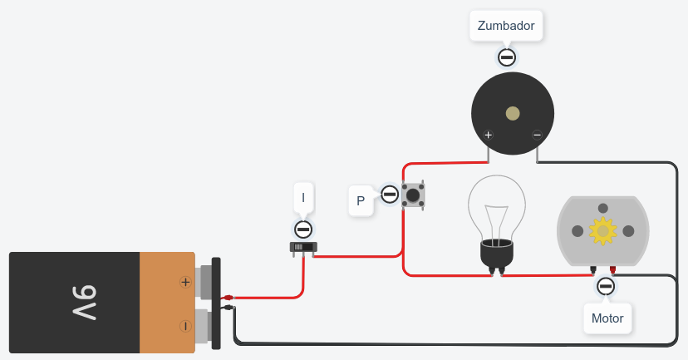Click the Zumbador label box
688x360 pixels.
coord(506,26)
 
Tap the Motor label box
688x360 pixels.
coord(607,318)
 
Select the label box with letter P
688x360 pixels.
coord(361,200)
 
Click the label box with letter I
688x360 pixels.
coord(303,198)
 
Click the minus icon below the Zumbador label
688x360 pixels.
coord(506,57)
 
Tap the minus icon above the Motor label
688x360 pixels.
coord(606,287)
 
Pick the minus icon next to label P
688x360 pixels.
coord(390,195)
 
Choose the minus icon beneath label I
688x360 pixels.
coord(303,229)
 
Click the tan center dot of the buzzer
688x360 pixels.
coord(513,113)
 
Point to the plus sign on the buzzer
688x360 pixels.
coord(489,135)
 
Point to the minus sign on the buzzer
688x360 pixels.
coord(537,135)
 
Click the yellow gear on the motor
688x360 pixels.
coord(602,230)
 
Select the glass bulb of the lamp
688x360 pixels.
coord(497,208)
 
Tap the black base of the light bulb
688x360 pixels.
coord(496,254)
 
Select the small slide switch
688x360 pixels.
coord(303,247)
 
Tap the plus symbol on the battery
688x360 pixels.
coord(185,283)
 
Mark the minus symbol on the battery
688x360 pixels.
coord(185,325)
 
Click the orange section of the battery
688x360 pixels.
coord(166,303)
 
